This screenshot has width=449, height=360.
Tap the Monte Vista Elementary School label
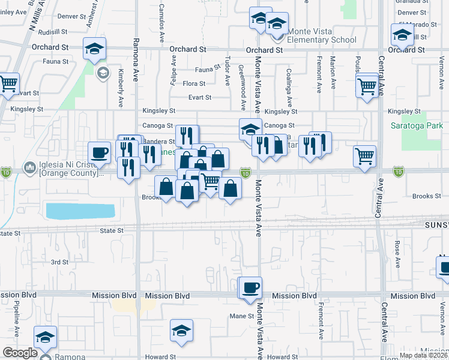318,35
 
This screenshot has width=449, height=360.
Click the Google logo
20,353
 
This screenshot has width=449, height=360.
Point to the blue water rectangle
80,211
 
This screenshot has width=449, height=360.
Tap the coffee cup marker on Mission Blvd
251,287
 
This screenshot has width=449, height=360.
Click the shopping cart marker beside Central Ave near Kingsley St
367,85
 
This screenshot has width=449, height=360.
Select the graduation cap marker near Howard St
181,331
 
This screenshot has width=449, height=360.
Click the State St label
111,230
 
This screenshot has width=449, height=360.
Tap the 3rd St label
59,262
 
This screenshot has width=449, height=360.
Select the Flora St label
194,84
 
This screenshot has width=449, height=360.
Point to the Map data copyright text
423,355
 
